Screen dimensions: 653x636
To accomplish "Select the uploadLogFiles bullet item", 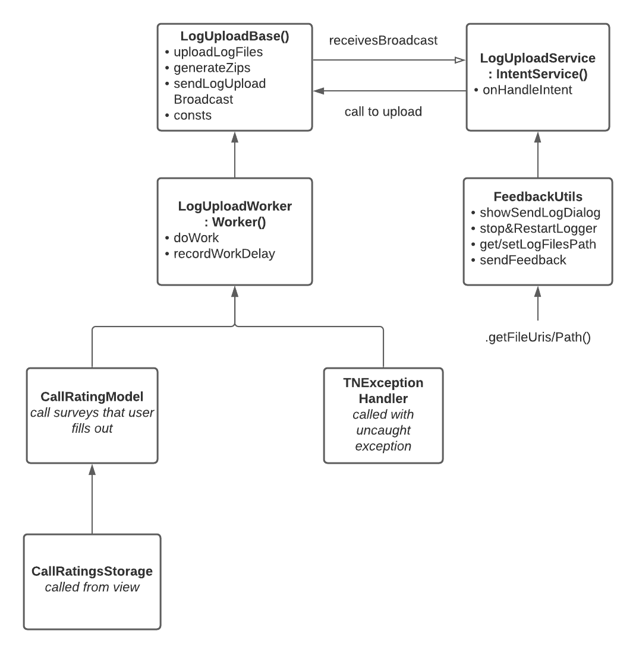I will (218, 52).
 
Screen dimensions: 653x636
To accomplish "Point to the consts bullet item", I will (193, 115).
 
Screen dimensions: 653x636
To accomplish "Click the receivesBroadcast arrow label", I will (383, 41).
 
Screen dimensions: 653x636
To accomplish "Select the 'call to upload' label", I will (383, 112).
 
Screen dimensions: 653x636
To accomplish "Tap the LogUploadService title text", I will (537, 59).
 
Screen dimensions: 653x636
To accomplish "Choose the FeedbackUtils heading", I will (537, 196).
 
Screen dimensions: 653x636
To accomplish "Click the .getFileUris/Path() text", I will (537, 338).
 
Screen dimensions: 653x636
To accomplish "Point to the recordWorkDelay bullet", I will (224, 254).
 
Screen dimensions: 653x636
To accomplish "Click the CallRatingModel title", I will (92, 396).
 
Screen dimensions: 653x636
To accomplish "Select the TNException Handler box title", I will (383, 391).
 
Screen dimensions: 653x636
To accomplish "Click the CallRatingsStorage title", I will (92, 571).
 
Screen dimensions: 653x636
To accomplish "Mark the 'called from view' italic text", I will (92, 587).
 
